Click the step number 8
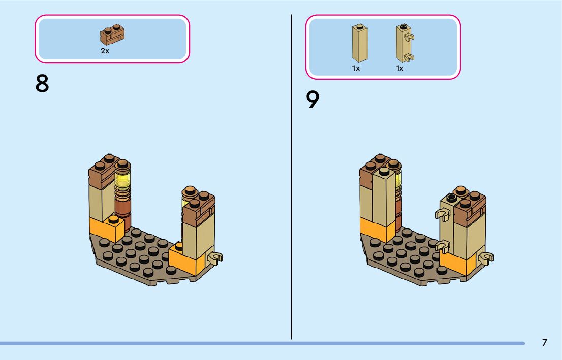pyautogui.click(x=42, y=84)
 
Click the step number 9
pyautogui.click(x=313, y=100)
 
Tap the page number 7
pyautogui.click(x=544, y=342)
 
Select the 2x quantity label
pyautogui.click(x=105, y=51)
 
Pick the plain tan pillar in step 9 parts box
pyautogui.click(x=359, y=44)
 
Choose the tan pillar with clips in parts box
pyautogui.click(x=403, y=44)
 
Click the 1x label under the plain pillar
pyautogui.click(x=356, y=68)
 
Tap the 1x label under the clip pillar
pyautogui.click(x=400, y=68)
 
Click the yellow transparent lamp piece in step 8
pyautogui.click(x=122, y=180)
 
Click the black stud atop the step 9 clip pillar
pyautogui.click(x=450, y=198)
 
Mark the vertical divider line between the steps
pyautogui.click(x=292, y=178)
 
